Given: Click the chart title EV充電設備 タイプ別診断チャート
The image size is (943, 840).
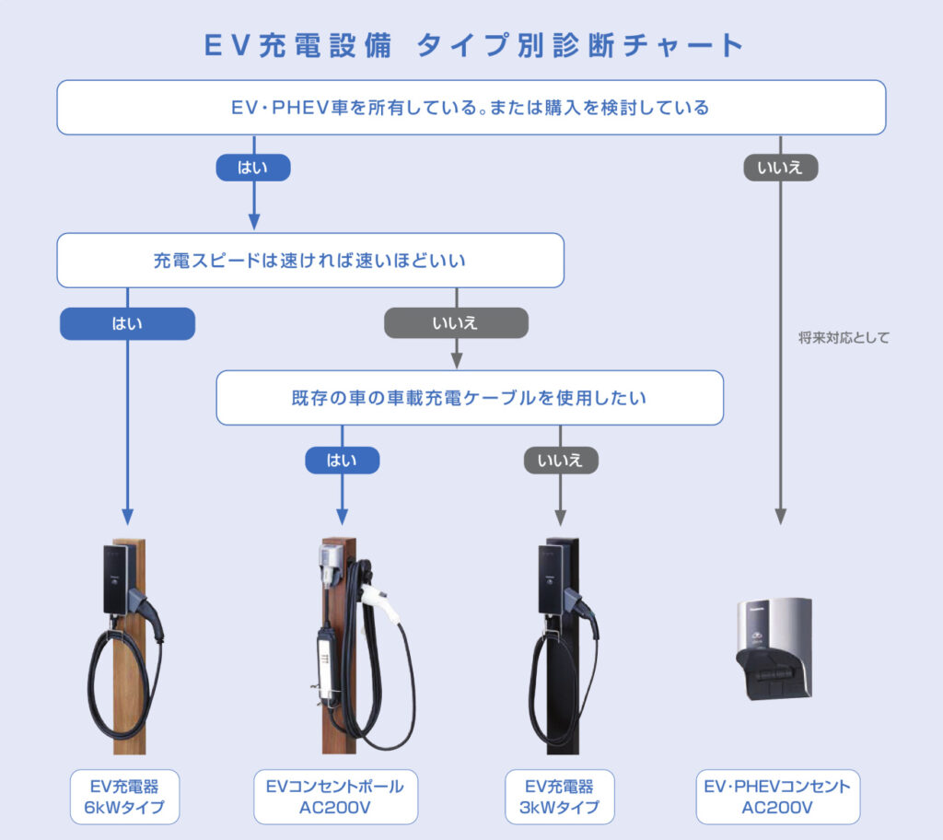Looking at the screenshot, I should pyautogui.click(x=471, y=46).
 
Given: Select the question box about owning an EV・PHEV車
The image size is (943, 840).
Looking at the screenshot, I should pyautogui.click(x=471, y=108).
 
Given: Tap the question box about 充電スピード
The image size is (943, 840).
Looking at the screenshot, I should pyautogui.click(x=309, y=261).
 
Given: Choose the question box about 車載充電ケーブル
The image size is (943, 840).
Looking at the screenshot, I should pyautogui.click(x=470, y=398).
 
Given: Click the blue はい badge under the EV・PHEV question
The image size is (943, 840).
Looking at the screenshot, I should pyautogui.click(x=253, y=167).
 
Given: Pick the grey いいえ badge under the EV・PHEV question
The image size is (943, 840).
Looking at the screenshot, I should pyautogui.click(x=780, y=167).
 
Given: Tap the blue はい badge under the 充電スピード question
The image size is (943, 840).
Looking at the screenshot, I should pyautogui.click(x=127, y=323).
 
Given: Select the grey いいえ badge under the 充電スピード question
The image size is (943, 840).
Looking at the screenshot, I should pyautogui.click(x=456, y=323).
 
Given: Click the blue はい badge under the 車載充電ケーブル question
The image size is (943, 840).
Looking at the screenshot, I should pyautogui.click(x=342, y=460).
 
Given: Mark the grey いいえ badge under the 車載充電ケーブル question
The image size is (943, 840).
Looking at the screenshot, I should pyautogui.click(x=561, y=460).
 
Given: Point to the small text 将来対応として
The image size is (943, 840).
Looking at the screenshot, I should pyautogui.click(x=844, y=338).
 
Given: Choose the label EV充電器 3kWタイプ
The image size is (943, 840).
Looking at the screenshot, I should pyautogui.click(x=561, y=797).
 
